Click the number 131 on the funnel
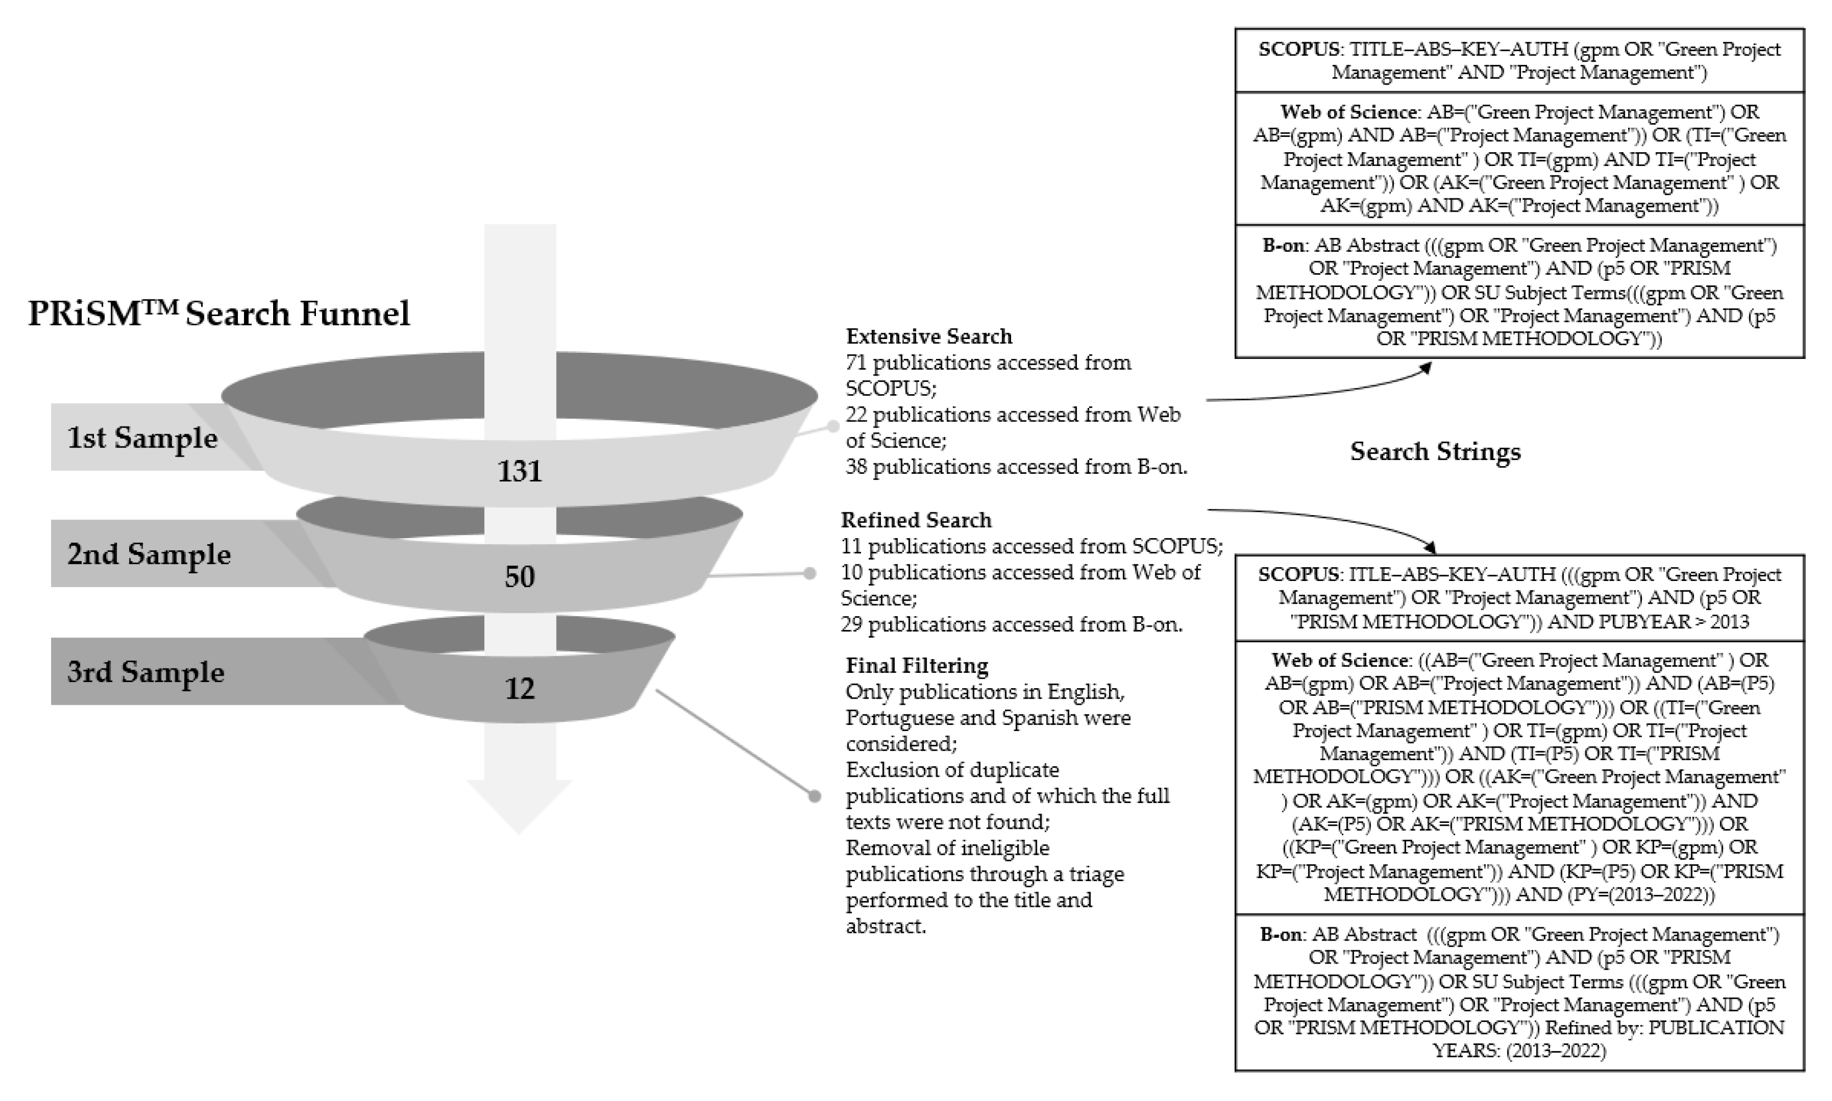[x=519, y=471]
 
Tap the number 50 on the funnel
[x=519, y=577]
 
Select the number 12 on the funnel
[x=519, y=689]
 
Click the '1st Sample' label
[x=142, y=438]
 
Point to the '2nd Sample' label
[x=148, y=554]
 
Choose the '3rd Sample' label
[x=146, y=672]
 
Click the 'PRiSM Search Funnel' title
[x=219, y=313]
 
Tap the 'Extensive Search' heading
[x=929, y=336]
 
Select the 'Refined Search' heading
[x=916, y=520]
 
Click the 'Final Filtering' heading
[x=917, y=666]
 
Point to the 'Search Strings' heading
[x=1435, y=451]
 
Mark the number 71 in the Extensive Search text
[x=857, y=363]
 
